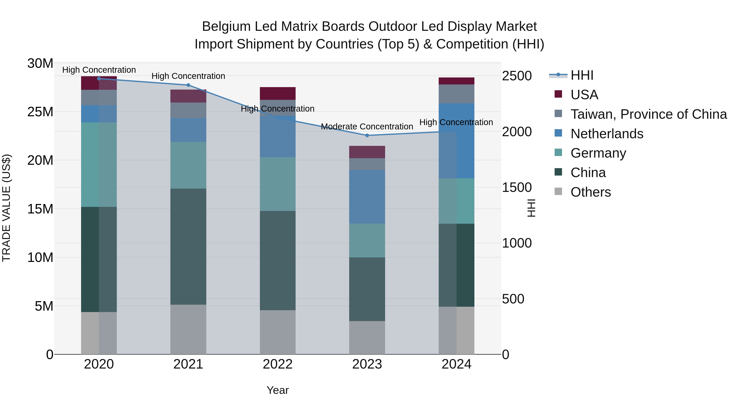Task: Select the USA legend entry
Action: pyautogui.click(x=584, y=95)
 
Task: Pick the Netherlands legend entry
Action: pyautogui.click(x=607, y=134)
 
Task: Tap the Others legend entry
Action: pyautogui.click(x=590, y=192)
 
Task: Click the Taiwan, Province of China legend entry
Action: pyautogui.click(x=648, y=114)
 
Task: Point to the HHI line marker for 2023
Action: pyautogui.click(x=367, y=135)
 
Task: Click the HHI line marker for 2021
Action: pyautogui.click(x=188, y=85)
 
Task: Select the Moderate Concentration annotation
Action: pyautogui.click(x=367, y=127)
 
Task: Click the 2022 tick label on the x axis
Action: pyautogui.click(x=277, y=364)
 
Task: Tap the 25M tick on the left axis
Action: pyautogui.click(x=40, y=112)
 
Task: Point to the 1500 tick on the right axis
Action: pyautogui.click(x=517, y=188)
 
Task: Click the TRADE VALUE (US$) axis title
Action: pyautogui.click(x=6, y=208)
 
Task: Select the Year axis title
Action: pyautogui.click(x=277, y=390)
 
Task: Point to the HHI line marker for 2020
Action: pyautogui.click(x=99, y=78)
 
